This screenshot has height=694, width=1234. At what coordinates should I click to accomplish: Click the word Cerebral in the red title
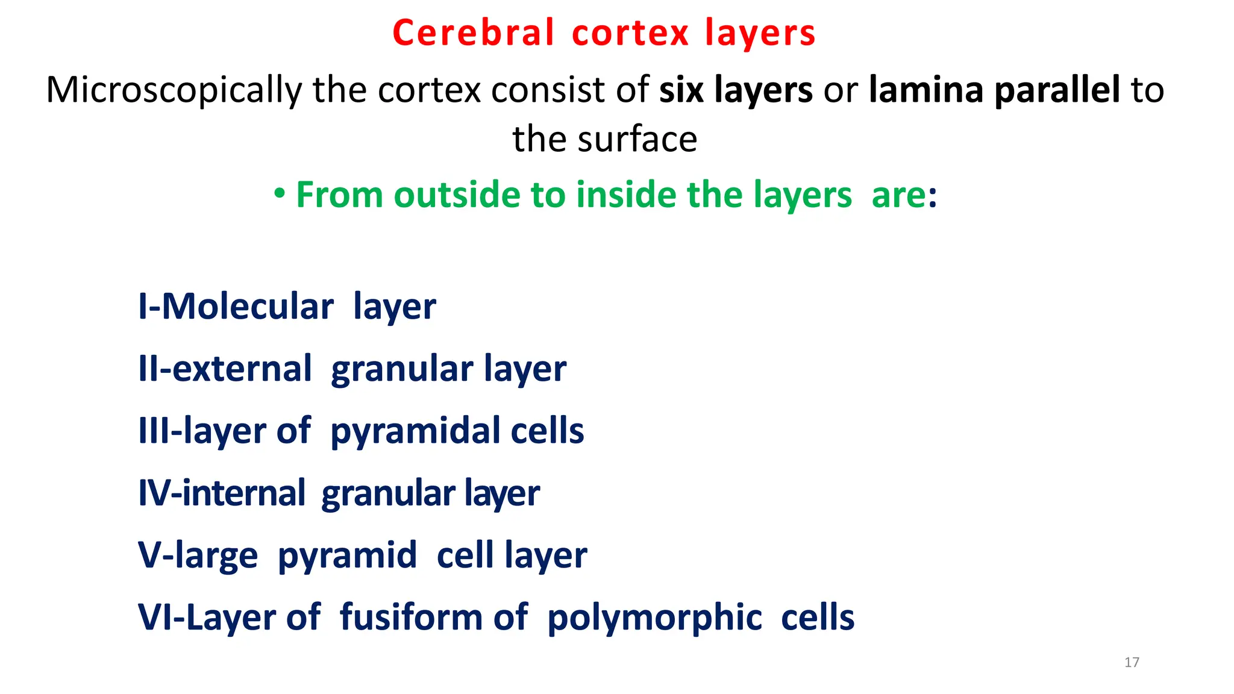pyautogui.click(x=473, y=33)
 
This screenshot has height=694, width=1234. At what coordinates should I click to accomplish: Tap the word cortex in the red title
pyautogui.click(x=630, y=33)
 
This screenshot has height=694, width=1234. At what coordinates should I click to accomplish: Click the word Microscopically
pyautogui.click(x=174, y=90)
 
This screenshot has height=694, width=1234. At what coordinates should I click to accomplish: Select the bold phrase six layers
pyautogui.click(x=736, y=90)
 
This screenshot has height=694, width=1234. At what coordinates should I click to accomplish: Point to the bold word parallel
pyautogui.click(x=1057, y=90)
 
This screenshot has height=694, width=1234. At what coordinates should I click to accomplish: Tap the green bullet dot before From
pyautogui.click(x=279, y=194)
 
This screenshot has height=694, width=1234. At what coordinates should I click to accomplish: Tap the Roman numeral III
pyautogui.click(x=153, y=431)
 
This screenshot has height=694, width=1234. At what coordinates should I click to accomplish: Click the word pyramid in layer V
pyautogui.click(x=347, y=555)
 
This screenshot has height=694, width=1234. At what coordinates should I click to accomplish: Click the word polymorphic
pyautogui.click(x=654, y=618)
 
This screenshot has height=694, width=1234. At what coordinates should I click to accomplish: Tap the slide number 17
pyautogui.click(x=1132, y=663)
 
